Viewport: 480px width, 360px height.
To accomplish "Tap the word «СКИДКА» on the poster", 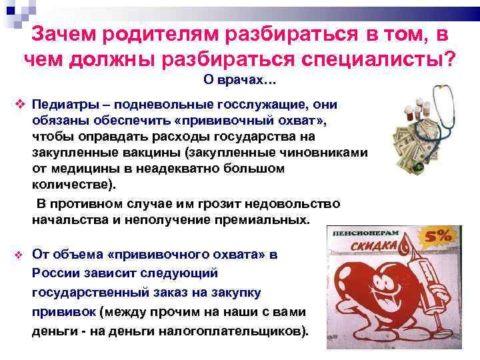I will (380, 248).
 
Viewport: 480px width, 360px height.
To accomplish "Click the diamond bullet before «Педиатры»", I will (20, 105).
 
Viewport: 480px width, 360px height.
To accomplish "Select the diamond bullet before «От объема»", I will (20, 255).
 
